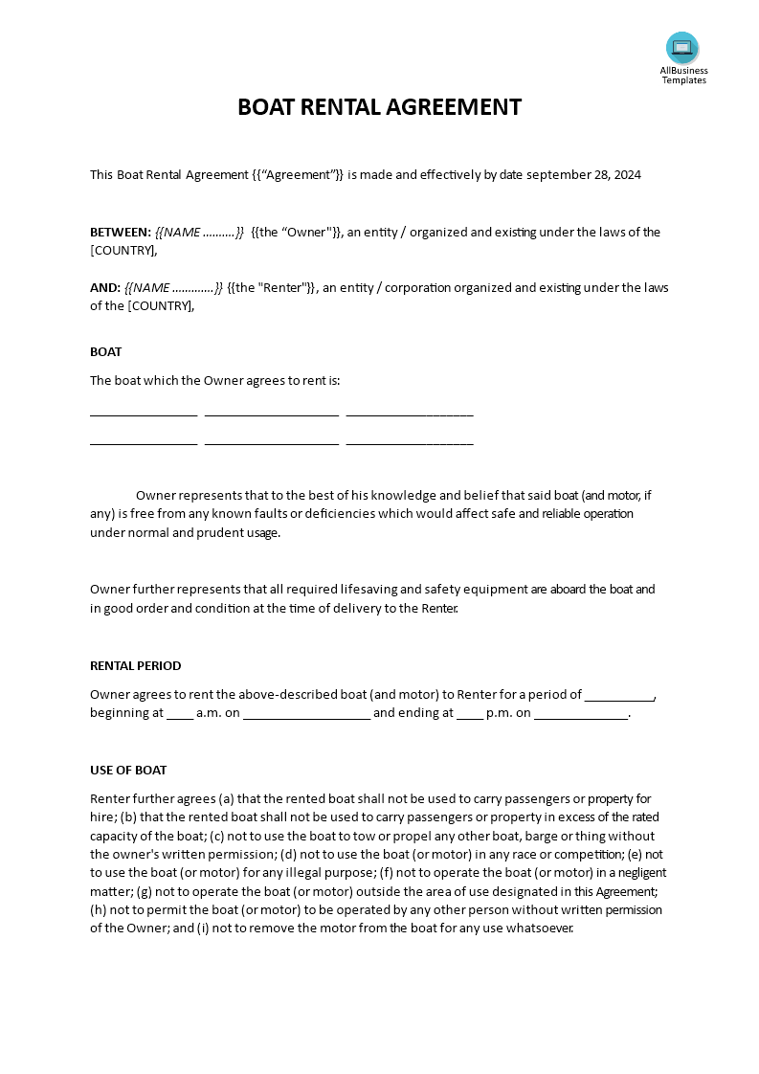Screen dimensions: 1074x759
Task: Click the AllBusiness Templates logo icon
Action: click(x=682, y=48)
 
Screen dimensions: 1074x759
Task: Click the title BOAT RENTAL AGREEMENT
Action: click(x=379, y=107)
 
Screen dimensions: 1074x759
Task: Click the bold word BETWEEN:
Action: click(x=121, y=233)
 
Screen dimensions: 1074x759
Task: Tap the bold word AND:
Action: click(x=105, y=288)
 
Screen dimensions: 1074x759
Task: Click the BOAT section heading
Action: click(x=105, y=352)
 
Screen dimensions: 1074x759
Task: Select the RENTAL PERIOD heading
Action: click(x=135, y=666)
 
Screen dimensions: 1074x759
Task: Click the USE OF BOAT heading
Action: click(x=128, y=771)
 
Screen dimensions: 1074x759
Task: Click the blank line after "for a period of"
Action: click(x=619, y=696)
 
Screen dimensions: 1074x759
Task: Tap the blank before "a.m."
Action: click(x=180, y=714)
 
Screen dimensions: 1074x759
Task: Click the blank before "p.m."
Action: click(x=470, y=714)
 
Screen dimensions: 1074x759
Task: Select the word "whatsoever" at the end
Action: click(x=542, y=929)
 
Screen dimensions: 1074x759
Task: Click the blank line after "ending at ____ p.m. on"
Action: click(x=581, y=714)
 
